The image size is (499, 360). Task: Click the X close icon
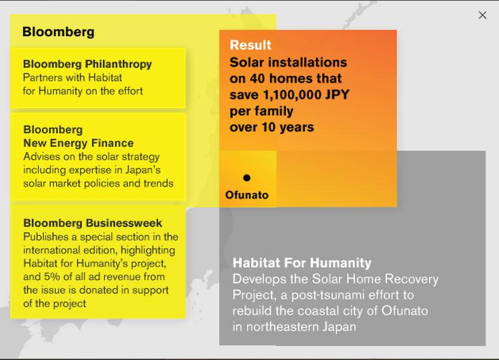tap(482, 15)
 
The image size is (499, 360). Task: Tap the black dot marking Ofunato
tap(247, 177)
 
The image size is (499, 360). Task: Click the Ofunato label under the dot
tap(247, 195)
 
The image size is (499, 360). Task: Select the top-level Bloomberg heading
tap(58, 32)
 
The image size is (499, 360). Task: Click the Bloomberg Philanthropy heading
tap(87, 64)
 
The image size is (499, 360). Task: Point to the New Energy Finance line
tap(78, 143)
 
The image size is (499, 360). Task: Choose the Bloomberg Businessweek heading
tap(93, 223)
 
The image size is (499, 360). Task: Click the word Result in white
tap(250, 45)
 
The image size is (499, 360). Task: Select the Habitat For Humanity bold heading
tap(302, 263)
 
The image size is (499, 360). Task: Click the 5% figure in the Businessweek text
tap(52, 276)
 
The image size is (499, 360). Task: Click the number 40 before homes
tap(257, 78)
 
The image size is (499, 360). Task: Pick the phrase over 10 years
tap(272, 127)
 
